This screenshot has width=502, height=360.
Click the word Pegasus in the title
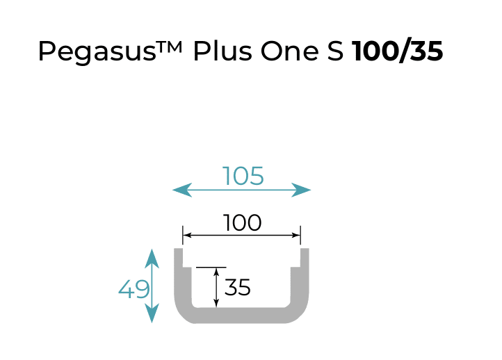97,51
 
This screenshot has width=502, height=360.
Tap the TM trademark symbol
169,47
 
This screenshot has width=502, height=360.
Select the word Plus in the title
222,51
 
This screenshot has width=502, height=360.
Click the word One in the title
289,51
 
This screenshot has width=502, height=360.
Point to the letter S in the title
335,51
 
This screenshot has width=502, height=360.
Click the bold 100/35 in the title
397,51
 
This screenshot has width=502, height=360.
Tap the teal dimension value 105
243,176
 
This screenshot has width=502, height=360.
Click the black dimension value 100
243,222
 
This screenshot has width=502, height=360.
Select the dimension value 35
237,287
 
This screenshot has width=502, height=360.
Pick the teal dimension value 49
133,289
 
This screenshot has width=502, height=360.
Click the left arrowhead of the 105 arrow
182,190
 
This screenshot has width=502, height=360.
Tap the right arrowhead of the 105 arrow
301,190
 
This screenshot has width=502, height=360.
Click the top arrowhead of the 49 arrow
152,259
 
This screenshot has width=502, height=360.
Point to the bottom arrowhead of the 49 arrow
152,313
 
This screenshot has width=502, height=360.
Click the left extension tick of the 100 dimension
183,235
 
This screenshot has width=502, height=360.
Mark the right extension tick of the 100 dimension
300,235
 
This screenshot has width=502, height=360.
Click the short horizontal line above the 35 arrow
211,267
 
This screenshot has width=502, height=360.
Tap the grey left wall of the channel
182,281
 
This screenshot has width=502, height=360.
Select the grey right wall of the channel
300,281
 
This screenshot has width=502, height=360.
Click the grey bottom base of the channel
241,316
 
